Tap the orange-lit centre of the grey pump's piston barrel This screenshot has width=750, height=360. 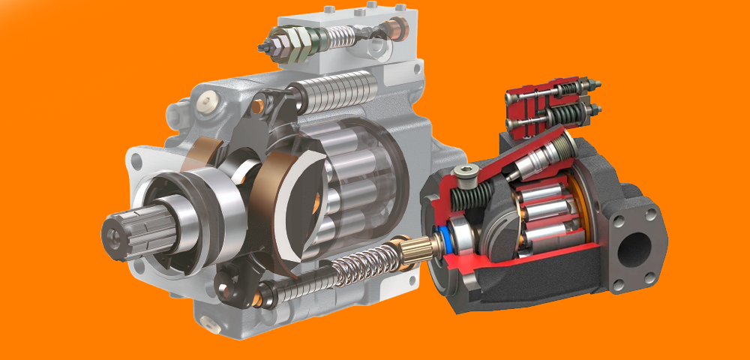point(319,199)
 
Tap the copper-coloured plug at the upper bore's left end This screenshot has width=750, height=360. point(257,107)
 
